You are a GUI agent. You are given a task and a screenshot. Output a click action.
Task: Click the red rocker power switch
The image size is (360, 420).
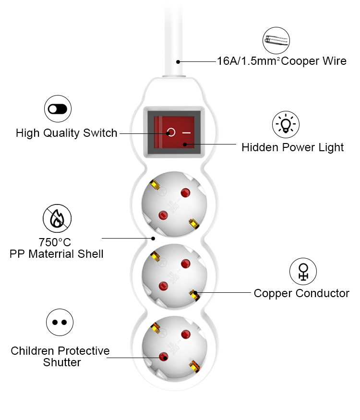[x=173, y=130]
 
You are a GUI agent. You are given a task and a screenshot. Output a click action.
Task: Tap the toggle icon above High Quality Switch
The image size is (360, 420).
[x=58, y=109]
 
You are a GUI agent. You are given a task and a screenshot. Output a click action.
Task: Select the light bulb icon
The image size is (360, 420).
[x=286, y=124]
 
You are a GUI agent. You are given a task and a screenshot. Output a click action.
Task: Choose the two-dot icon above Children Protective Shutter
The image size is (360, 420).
[x=60, y=322]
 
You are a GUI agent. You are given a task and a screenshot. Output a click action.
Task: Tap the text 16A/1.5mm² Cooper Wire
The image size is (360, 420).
[x=281, y=61]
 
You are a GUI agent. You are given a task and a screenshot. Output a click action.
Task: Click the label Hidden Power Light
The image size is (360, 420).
[x=292, y=147]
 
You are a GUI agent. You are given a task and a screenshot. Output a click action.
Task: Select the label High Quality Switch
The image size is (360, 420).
[x=66, y=133]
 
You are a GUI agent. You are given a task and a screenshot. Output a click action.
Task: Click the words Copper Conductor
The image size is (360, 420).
[x=301, y=293]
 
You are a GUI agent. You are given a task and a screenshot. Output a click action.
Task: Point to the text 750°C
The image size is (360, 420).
[x=56, y=242]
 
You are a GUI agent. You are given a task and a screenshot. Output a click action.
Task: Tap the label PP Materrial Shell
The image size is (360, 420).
[x=56, y=254]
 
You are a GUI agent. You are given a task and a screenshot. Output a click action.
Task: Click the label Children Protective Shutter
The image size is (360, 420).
[x=60, y=357]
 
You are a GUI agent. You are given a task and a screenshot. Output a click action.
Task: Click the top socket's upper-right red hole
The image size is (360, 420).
[x=185, y=193]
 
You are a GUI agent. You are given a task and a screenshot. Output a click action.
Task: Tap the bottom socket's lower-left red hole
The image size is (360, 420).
[x=164, y=356]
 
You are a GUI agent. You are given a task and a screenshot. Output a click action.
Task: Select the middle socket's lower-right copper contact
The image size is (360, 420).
[x=194, y=294]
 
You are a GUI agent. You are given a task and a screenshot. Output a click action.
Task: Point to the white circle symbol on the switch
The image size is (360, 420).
[x=171, y=132]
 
